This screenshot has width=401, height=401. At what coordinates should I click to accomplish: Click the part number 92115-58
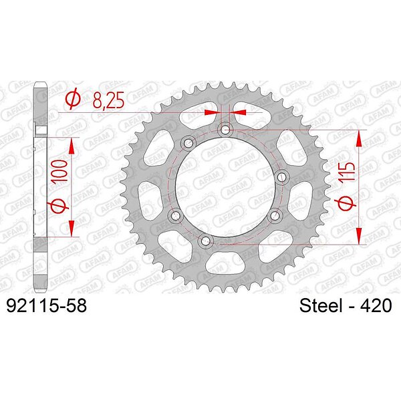[x=46, y=305]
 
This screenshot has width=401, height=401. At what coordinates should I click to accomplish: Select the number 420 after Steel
[x=376, y=305]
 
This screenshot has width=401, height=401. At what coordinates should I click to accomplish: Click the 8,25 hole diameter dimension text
[x=108, y=100]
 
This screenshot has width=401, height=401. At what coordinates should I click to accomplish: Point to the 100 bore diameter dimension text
[x=59, y=171]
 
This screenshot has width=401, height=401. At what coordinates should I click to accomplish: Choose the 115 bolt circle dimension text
[x=347, y=172]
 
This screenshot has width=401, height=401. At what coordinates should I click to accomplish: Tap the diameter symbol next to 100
[x=59, y=205]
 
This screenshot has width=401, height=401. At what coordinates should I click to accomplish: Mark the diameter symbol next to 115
[x=348, y=204]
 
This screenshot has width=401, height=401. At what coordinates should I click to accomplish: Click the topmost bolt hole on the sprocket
[x=225, y=130]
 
